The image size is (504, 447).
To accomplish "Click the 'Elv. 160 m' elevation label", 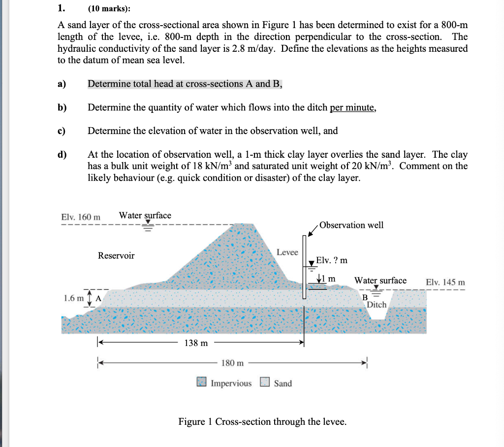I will click(x=81, y=217).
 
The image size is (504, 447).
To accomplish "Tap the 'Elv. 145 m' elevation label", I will click(x=445, y=282).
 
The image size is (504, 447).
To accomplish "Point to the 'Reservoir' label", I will click(x=116, y=255).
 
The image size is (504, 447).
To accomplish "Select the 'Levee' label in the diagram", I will click(x=287, y=252).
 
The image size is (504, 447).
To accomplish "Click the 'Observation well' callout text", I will click(x=351, y=225).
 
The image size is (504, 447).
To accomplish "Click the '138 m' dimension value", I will click(x=196, y=343).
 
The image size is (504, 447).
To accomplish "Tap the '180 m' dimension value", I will click(x=232, y=363).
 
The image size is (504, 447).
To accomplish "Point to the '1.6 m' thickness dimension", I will click(x=74, y=298).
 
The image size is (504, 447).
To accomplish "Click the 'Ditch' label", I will click(x=377, y=305).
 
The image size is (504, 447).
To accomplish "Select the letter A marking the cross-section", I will click(x=98, y=298).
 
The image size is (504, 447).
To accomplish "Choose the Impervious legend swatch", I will click(x=201, y=382).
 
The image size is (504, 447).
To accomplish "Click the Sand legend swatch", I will click(x=265, y=382).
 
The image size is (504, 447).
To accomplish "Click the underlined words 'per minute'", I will click(x=352, y=107).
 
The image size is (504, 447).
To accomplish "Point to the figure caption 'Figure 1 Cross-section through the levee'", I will click(x=262, y=421).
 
